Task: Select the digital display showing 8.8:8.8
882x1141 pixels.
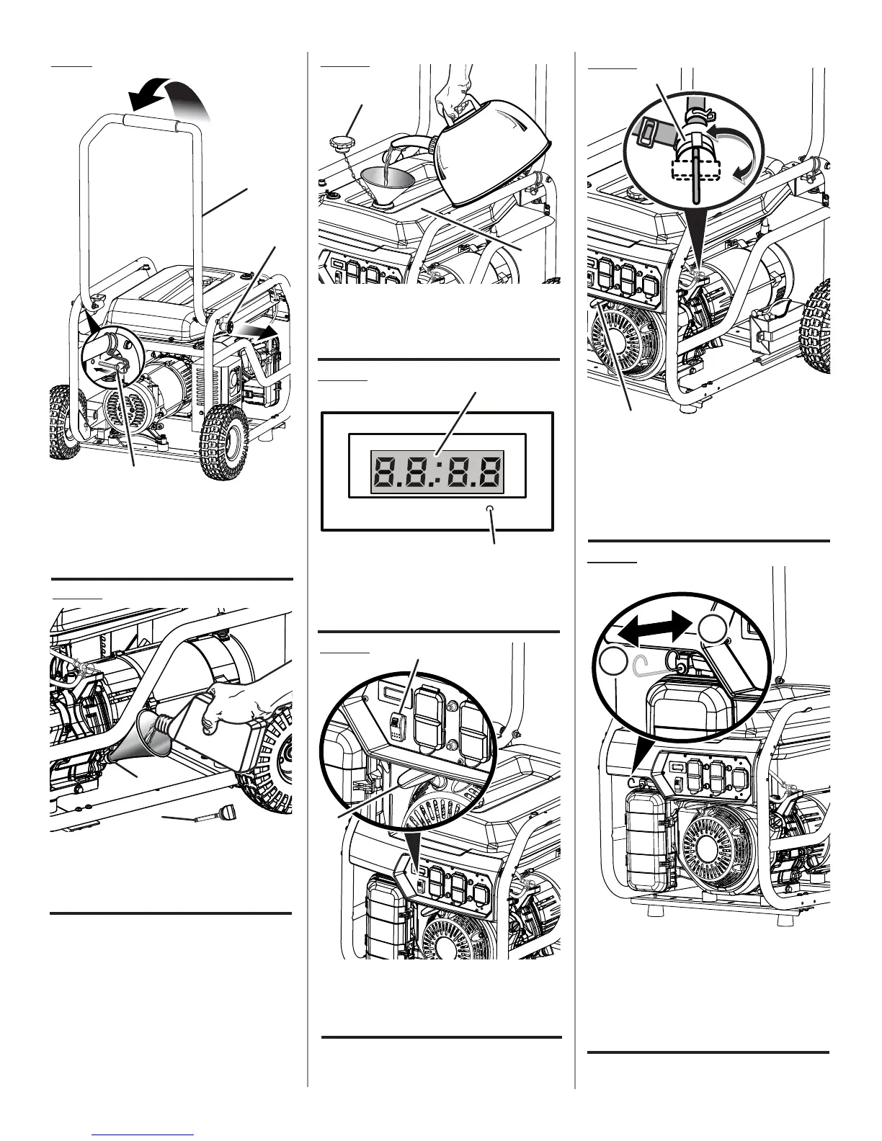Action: [437, 473]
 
